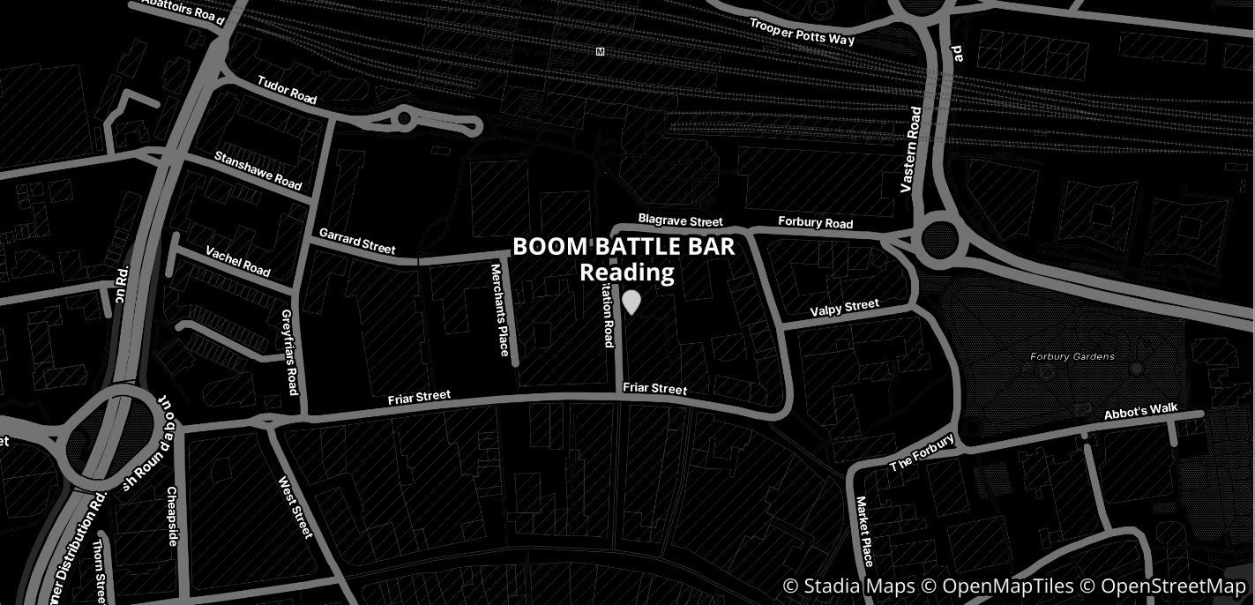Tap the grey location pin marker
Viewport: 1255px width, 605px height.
631,302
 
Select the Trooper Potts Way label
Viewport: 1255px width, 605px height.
802,32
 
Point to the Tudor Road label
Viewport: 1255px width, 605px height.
287,90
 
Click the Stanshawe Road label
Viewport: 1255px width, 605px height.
258,171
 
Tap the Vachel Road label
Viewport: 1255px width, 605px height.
238,261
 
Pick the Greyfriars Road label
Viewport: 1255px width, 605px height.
290,351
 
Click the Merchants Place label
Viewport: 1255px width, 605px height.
501,310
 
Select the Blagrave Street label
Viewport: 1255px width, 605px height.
680,220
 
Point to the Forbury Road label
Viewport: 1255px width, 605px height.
815,222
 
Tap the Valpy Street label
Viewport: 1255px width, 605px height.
844,308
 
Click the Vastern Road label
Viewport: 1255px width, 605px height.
911,150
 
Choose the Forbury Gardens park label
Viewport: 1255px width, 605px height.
1072,357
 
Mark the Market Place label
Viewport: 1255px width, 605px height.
863,531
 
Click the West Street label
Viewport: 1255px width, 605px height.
295,507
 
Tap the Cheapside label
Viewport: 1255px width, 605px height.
172,516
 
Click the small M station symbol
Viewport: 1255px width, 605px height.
601,52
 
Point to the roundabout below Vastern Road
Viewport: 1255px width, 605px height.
938,238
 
